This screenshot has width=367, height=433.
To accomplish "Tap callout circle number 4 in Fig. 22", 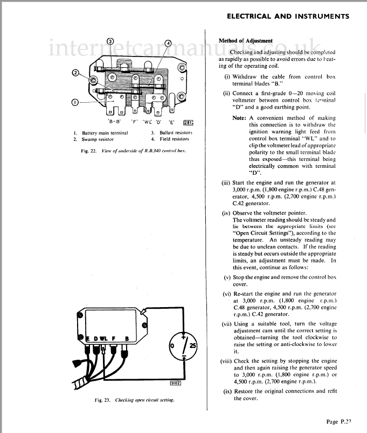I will tap(168, 42).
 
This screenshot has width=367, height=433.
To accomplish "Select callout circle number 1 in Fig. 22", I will tap(75, 102).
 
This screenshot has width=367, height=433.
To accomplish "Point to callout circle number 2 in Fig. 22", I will tap(76, 73).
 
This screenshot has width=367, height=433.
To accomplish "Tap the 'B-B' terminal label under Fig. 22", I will tap(114, 122).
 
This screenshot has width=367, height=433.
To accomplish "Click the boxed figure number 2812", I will tap(188, 122).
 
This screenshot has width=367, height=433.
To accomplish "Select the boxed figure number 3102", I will tap(175, 383).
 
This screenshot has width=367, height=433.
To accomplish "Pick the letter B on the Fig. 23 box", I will tap(127, 338).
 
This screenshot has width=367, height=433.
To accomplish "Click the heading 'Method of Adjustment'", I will tap(245, 41).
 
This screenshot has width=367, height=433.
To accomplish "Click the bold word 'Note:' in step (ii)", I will tap(239, 118).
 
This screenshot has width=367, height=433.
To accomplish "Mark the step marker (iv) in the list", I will tap(226, 213).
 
